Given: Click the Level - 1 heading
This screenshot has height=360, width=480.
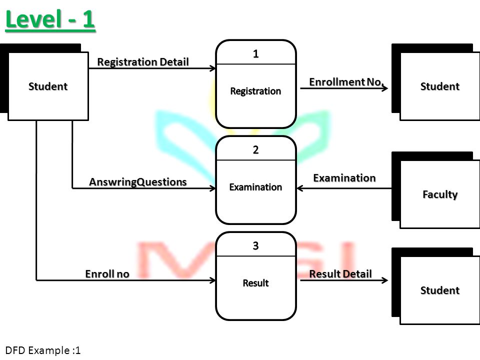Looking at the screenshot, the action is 50,19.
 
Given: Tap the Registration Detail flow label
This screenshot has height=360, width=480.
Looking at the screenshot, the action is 143,62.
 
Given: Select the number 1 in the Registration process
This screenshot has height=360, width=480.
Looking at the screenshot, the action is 256,54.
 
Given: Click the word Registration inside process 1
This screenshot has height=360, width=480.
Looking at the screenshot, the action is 255,91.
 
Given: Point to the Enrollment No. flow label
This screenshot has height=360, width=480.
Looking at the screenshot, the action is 346,81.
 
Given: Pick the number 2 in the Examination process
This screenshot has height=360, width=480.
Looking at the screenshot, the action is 256,149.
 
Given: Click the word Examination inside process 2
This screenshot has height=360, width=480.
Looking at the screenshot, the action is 255,187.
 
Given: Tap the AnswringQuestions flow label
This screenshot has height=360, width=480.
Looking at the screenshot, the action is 138,182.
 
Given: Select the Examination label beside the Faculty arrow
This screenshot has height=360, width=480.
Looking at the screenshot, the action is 344,178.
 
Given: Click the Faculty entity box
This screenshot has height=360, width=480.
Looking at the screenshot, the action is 440,194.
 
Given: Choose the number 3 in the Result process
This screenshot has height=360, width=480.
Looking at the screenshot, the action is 256,245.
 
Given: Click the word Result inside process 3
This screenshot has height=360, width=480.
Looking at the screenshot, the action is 255,283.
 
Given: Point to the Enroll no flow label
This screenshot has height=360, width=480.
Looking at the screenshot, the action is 107,273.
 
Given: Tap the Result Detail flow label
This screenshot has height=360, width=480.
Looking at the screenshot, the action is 340,273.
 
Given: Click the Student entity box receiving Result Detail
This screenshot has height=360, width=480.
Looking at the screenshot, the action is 440,290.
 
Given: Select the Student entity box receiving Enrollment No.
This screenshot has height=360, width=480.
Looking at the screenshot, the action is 440,86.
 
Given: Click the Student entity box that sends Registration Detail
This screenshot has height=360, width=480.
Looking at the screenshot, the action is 48,86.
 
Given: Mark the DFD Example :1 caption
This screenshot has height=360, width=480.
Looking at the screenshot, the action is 43,350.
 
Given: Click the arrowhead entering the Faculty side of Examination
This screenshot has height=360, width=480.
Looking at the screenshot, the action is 299,188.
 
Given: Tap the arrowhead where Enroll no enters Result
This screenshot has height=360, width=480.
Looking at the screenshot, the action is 213,280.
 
